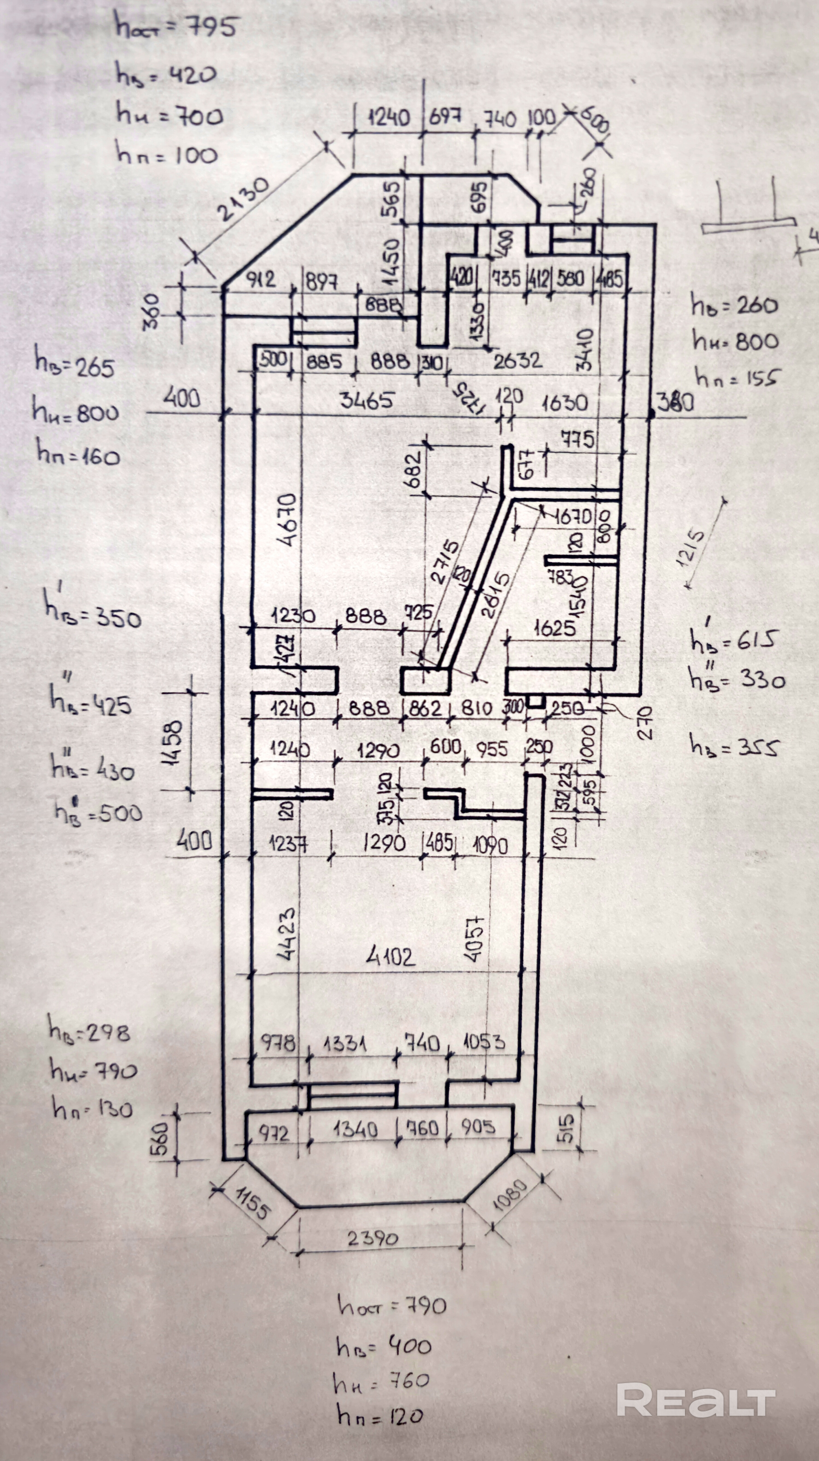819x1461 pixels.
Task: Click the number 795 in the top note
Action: click(x=211, y=27)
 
